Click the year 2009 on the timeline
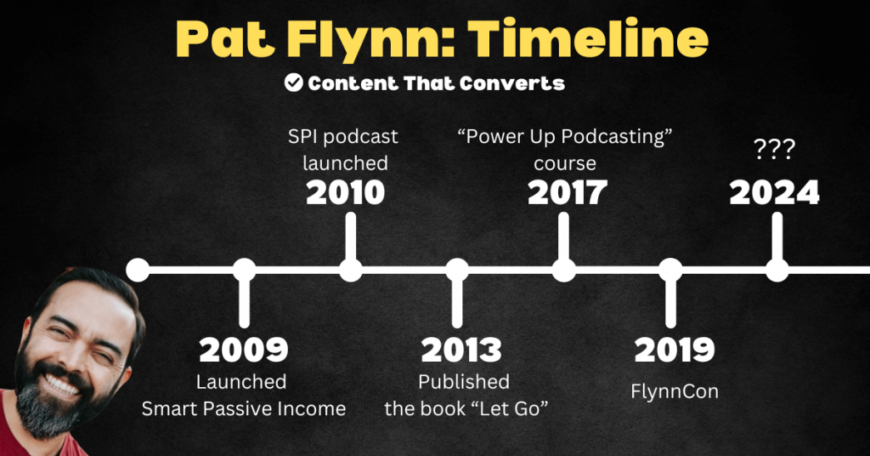244,350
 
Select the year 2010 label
346,193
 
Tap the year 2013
461,350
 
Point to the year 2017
567,193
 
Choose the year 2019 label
675,350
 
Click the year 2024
775,193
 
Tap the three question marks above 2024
775,149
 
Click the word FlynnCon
675,391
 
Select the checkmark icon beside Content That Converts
293,83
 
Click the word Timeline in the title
588,39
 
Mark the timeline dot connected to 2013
457,271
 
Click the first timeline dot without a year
138,271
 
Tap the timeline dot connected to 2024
777,271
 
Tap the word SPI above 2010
302,137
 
